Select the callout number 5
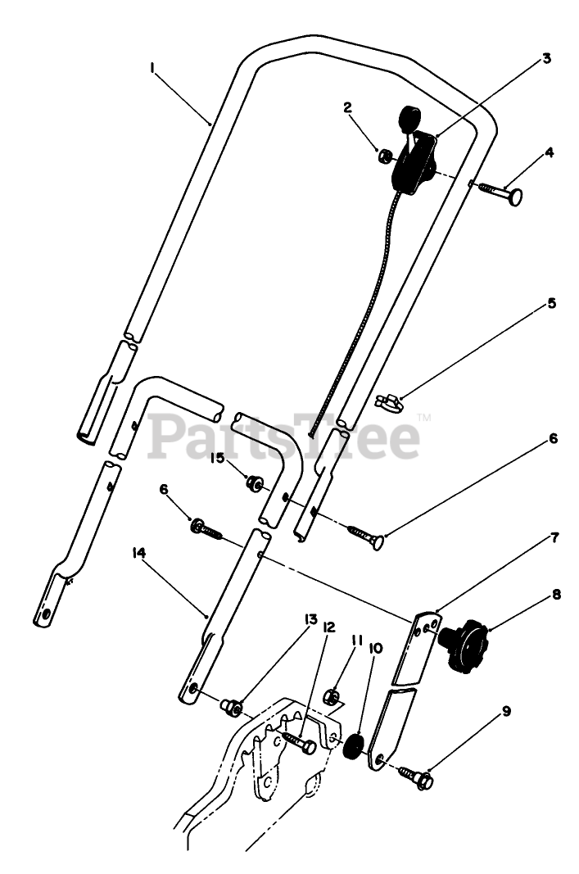tap(552, 304)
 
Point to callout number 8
tap(557, 595)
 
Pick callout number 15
tap(217, 458)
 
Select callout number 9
tap(507, 711)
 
